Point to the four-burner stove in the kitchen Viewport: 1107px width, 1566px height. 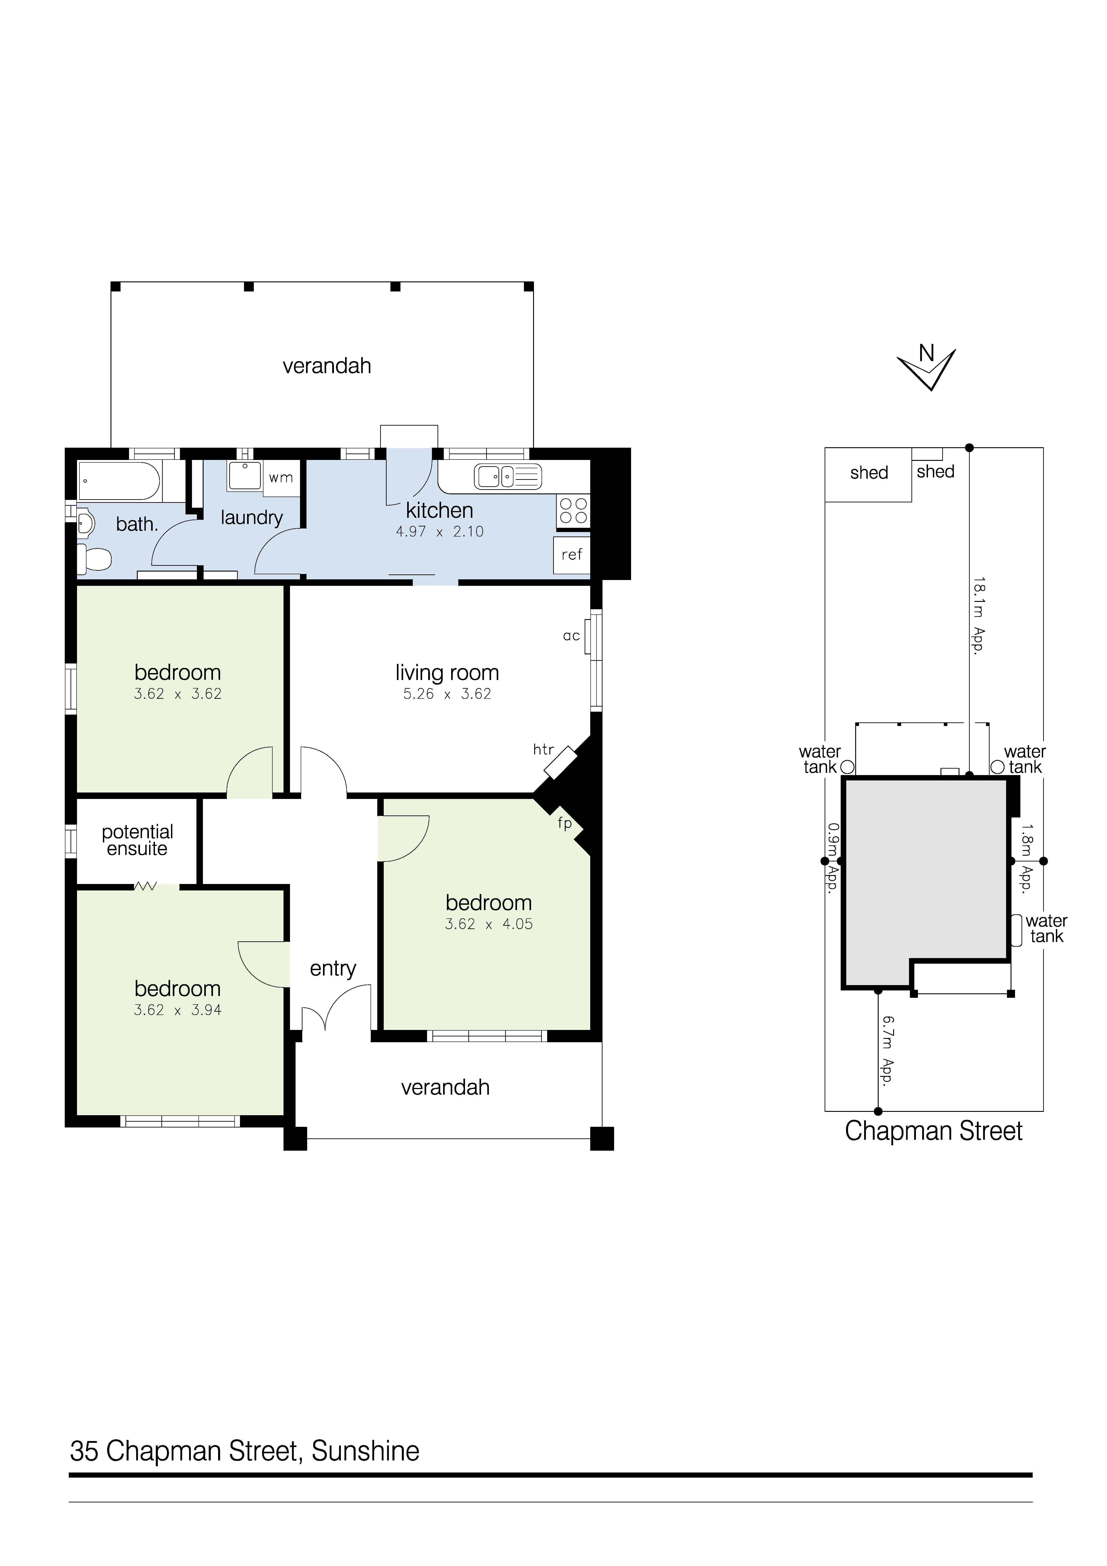coord(573,511)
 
